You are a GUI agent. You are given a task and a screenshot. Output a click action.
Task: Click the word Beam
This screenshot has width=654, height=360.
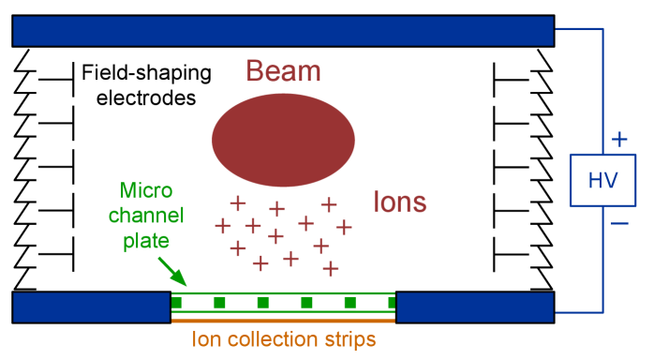click(283, 71)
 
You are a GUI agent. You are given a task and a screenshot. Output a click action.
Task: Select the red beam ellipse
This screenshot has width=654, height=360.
click(283, 140)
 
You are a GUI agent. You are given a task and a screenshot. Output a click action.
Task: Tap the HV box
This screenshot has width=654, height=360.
click(602, 180)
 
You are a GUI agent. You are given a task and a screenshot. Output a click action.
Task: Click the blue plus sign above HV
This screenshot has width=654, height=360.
click(618, 140)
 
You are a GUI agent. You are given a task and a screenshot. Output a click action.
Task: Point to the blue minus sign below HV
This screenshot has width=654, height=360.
click(618, 223)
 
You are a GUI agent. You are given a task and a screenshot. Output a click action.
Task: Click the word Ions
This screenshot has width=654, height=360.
click(400, 202)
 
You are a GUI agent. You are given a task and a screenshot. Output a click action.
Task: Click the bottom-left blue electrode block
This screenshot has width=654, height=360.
click(91, 307)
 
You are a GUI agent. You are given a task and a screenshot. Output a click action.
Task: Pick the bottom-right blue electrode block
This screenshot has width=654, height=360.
click(475, 307)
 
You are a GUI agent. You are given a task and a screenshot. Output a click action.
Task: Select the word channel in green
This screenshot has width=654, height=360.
click(146, 217)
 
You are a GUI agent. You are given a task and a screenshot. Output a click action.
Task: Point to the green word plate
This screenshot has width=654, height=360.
click(146, 241)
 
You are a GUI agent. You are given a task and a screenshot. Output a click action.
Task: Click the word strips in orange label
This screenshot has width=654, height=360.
click(350, 339)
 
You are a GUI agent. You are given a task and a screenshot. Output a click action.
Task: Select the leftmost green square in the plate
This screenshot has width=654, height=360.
click(176, 302)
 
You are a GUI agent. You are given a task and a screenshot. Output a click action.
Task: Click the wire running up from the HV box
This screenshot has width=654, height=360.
click(602, 89)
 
